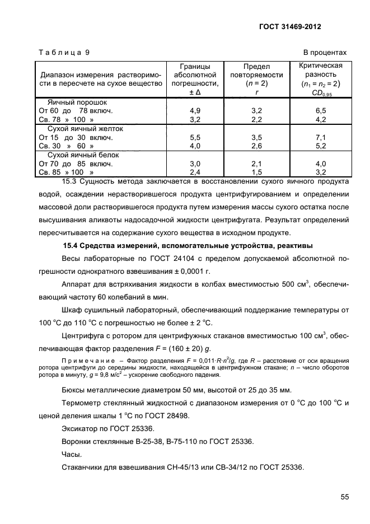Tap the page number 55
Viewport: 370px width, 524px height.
point(342,495)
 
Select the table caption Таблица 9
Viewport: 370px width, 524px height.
point(64,53)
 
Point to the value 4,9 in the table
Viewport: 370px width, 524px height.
point(196,111)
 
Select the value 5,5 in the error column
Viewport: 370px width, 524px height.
point(196,138)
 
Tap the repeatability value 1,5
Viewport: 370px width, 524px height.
point(257,172)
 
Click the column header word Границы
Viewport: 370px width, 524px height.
point(195,66)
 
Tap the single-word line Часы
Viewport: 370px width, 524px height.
point(71,454)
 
